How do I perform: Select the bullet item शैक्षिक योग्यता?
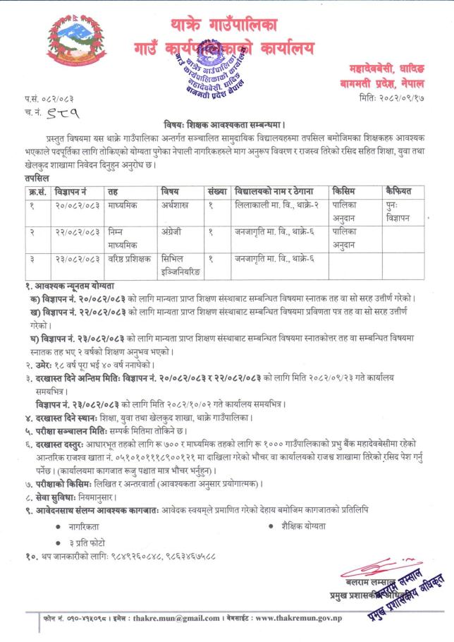(x=307, y=526)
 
